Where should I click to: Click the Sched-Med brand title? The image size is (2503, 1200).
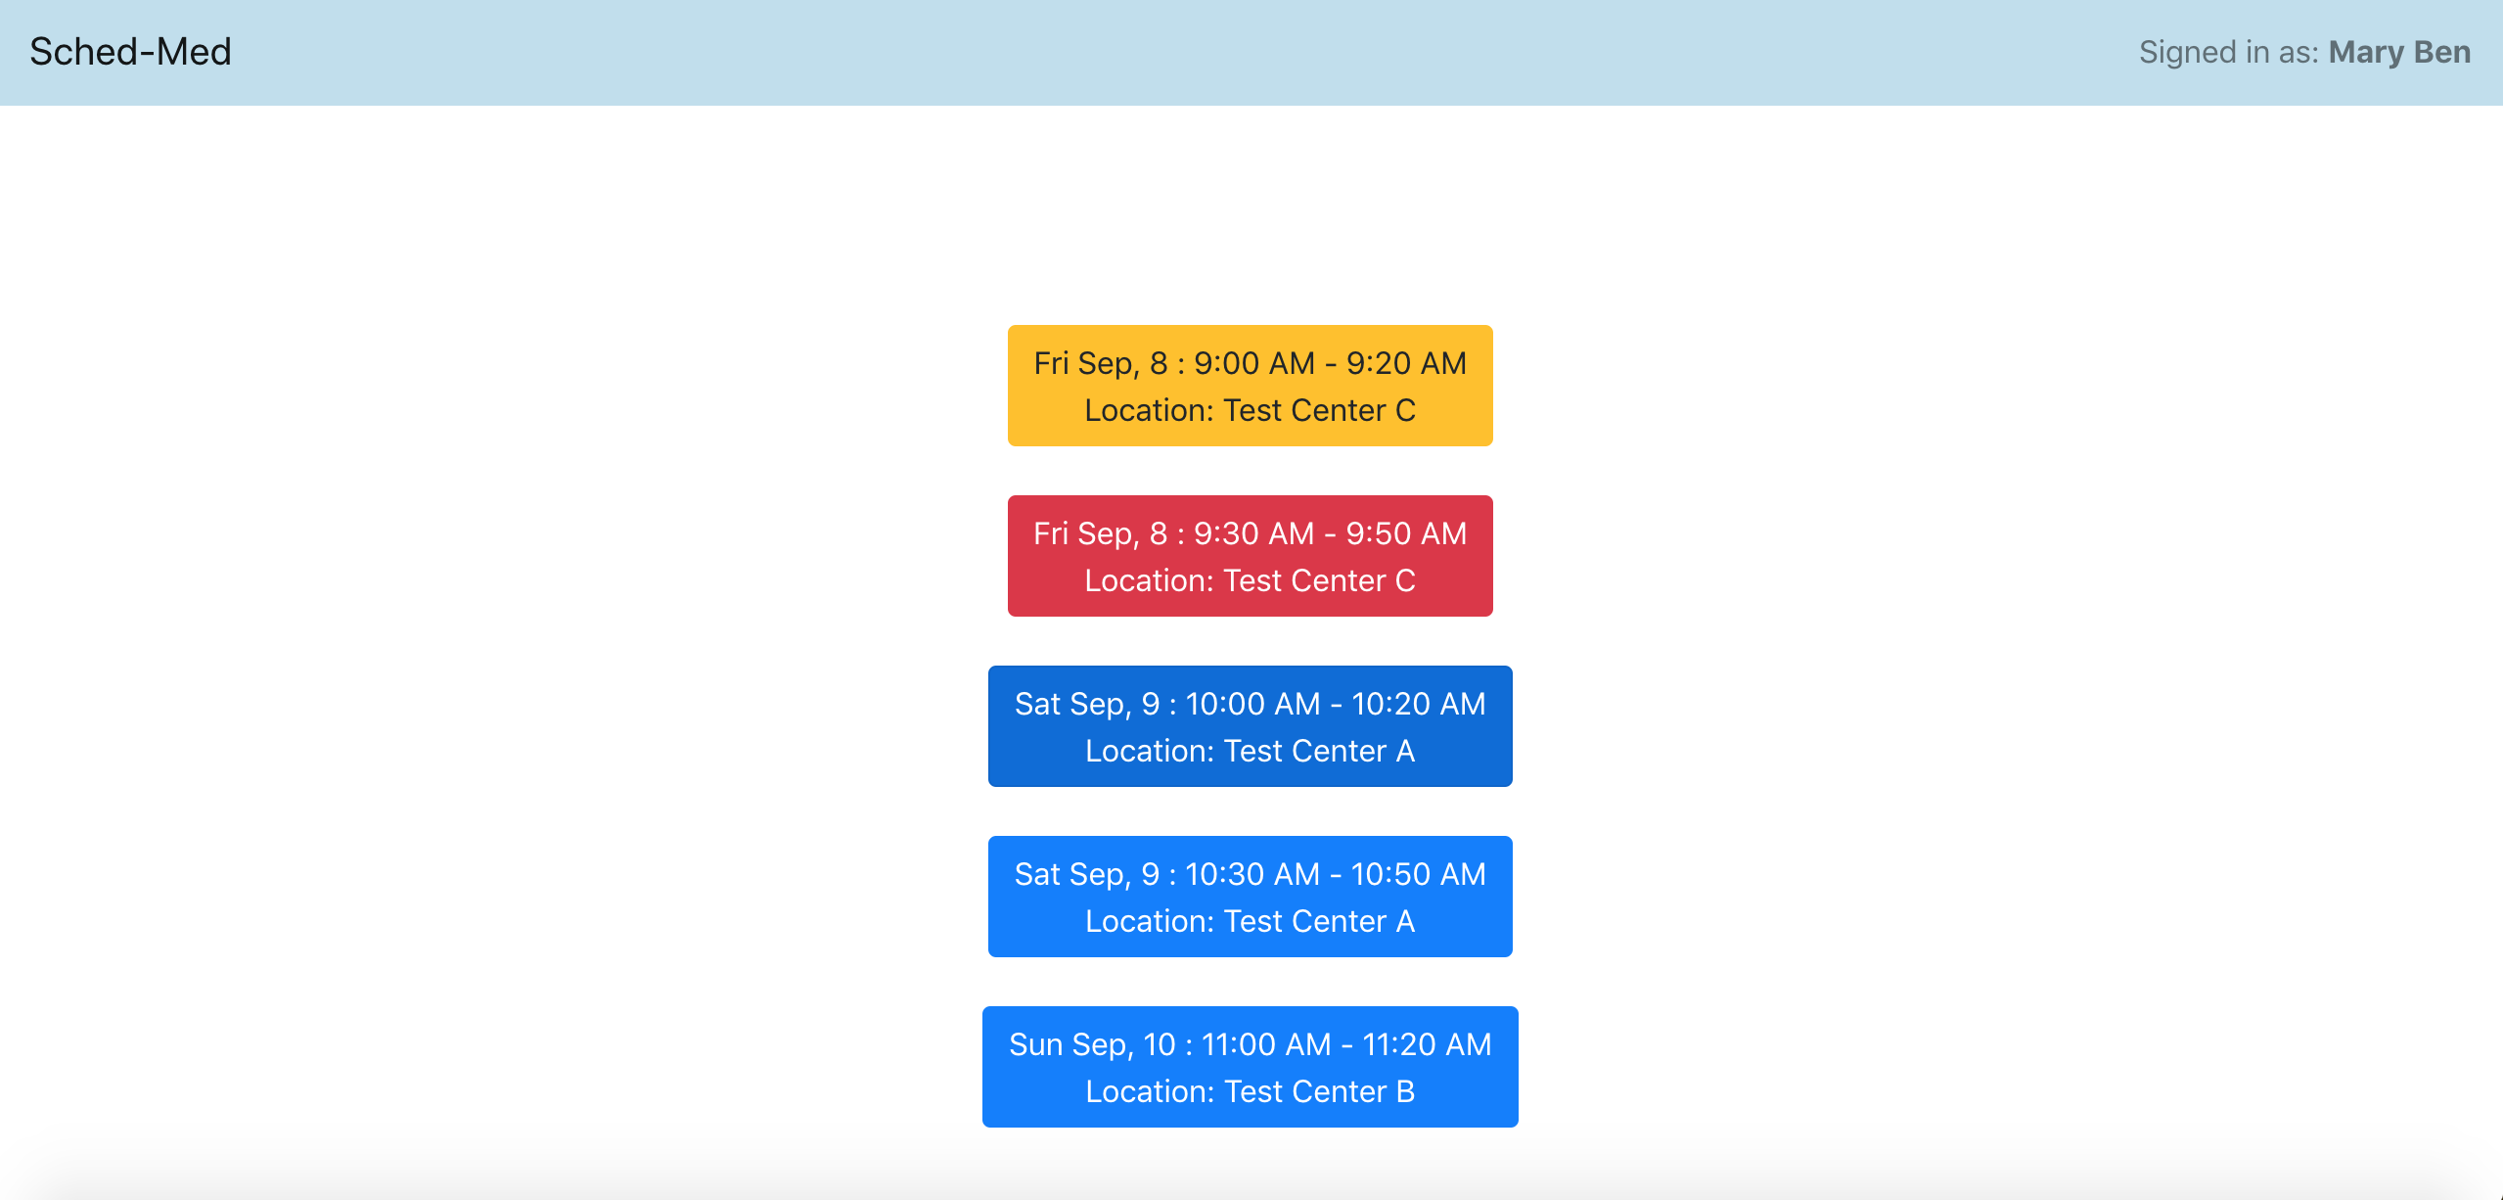pyautogui.click(x=130, y=52)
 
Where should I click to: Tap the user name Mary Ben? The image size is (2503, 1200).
pyautogui.click(x=2398, y=52)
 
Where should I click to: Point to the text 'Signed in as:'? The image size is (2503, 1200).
pyautogui.click(x=2228, y=52)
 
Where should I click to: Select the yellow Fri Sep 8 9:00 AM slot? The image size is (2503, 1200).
pyautogui.click(x=1250, y=386)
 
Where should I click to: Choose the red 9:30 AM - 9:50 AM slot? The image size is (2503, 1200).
pyautogui.click(x=1250, y=556)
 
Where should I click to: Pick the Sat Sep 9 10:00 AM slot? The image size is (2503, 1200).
pyautogui.click(x=1250, y=726)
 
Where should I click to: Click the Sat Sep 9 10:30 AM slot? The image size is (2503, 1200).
pyautogui.click(x=1250, y=897)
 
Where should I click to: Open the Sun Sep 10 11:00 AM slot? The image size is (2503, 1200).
pyautogui.click(x=1250, y=1067)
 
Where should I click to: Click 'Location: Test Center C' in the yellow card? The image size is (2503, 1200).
pyautogui.click(x=1250, y=410)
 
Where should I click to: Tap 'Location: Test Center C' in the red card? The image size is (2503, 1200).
pyautogui.click(x=1250, y=580)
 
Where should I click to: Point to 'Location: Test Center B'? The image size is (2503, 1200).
pyautogui.click(x=1250, y=1091)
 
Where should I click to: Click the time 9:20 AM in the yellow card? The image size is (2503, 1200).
pyautogui.click(x=1406, y=363)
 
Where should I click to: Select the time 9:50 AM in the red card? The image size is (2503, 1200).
pyautogui.click(x=1406, y=533)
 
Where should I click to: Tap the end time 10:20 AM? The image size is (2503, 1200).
pyautogui.click(x=1418, y=704)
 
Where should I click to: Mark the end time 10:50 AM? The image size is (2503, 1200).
pyautogui.click(x=1418, y=874)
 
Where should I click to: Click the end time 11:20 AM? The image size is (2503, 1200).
pyautogui.click(x=1427, y=1044)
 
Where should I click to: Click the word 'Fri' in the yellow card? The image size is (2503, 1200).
pyautogui.click(x=1051, y=363)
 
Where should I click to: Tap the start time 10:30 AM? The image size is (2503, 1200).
pyautogui.click(x=1252, y=874)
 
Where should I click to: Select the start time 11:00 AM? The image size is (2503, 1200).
pyautogui.click(x=1265, y=1044)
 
